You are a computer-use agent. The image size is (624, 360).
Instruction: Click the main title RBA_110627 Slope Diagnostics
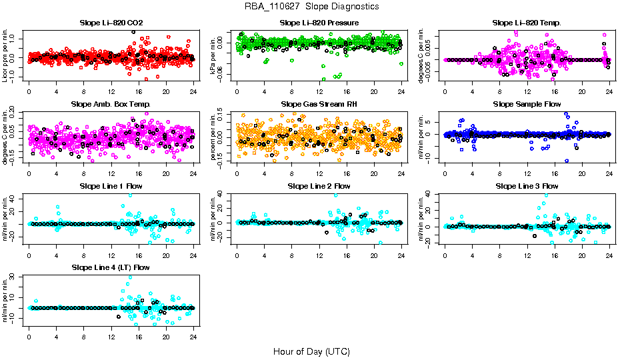[311, 6]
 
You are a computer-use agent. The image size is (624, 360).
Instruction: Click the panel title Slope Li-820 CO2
[111, 23]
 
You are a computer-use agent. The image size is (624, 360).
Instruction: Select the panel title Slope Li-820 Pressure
[319, 23]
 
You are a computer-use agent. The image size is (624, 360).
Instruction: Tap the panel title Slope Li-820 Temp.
[527, 23]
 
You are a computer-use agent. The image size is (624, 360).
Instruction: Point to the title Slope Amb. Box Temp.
[111, 104]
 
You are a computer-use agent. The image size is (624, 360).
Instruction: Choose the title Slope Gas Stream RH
[319, 104]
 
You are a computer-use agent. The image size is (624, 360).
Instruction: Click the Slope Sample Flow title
[527, 104]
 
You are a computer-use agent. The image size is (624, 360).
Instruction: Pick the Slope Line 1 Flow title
[111, 186]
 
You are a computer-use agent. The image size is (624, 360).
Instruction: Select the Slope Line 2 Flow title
[319, 186]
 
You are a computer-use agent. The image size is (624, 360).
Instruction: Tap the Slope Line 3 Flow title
[527, 186]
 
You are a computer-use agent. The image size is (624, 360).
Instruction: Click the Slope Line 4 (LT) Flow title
[111, 267]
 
